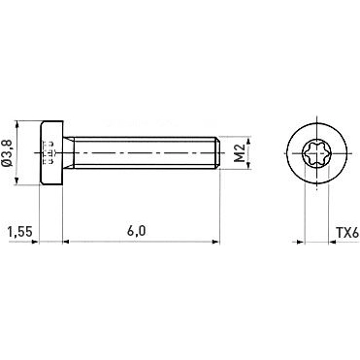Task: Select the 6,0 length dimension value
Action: click(x=136, y=232)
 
